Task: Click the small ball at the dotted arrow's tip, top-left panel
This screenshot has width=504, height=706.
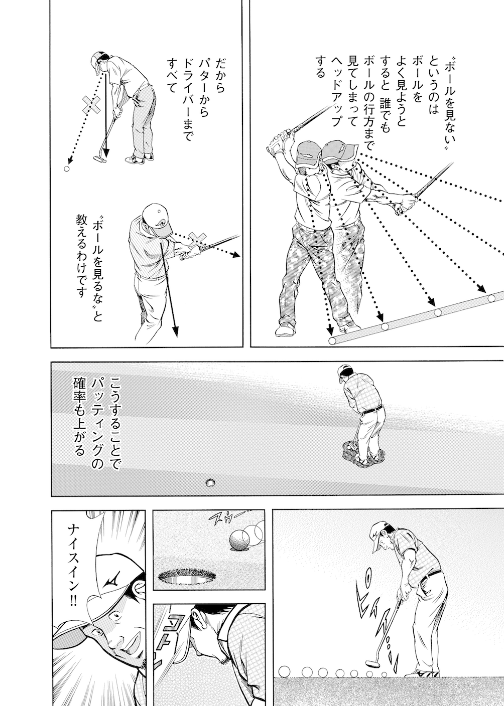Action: pos(67,169)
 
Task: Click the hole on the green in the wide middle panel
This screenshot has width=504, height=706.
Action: pos(210,482)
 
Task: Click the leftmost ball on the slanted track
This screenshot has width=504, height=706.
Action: pos(332,341)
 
